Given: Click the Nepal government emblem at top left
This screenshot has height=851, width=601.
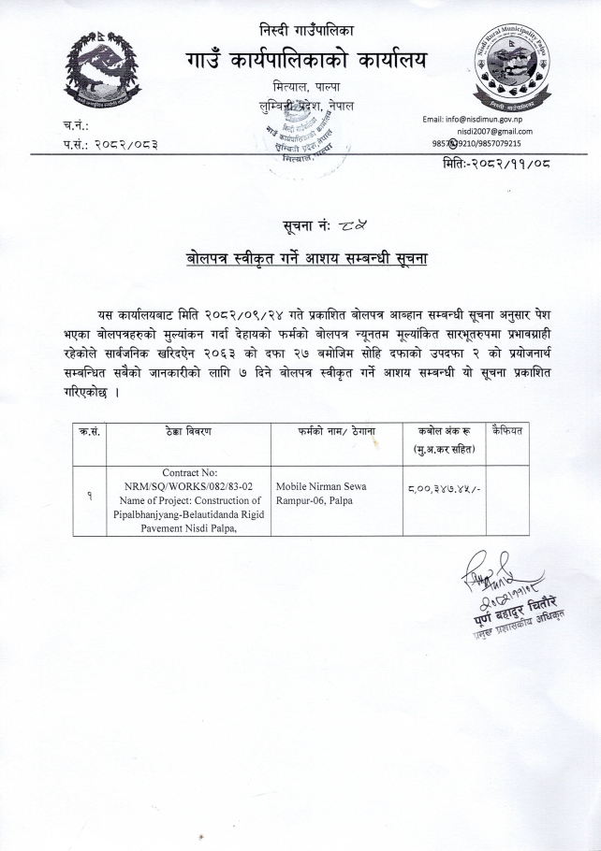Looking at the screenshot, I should pyautogui.click(x=104, y=78).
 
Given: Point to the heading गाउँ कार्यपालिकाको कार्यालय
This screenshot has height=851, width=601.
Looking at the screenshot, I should pyautogui.click(x=306, y=60).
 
